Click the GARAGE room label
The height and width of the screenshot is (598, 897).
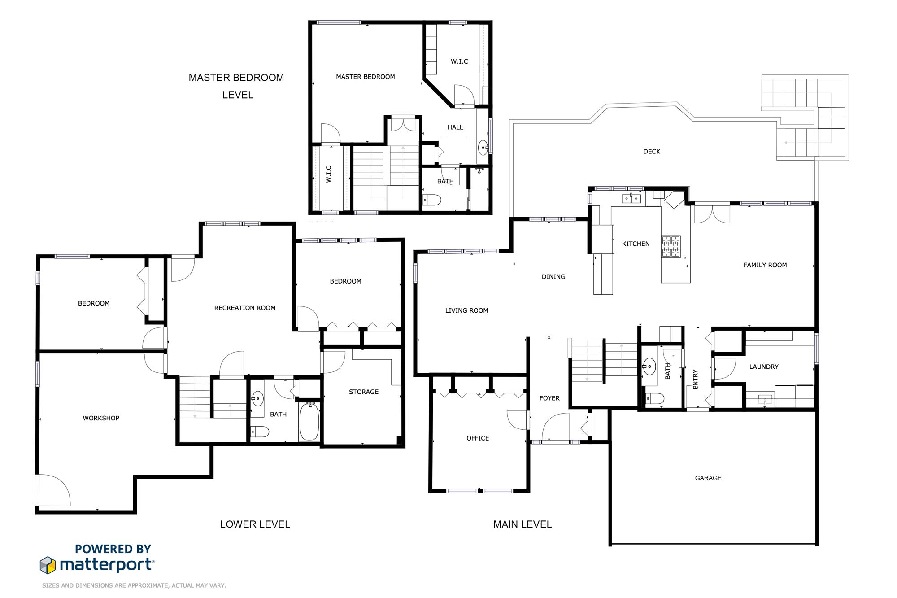[x=708, y=478]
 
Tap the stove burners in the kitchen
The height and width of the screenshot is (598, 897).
[x=671, y=246]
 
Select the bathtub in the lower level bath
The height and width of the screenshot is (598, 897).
[x=309, y=422]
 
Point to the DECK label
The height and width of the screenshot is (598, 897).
[x=652, y=152]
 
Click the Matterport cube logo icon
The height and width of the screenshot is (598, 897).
[x=48, y=565]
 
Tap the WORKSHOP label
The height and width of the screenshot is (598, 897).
[x=101, y=418]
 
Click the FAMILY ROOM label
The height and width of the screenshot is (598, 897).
[x=765, y=265]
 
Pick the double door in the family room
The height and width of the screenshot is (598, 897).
[x=712, y=214]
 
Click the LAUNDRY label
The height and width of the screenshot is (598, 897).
[x=764, y=367]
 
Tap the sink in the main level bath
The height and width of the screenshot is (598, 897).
[x=649, y=367]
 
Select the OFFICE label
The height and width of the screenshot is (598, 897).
[x=478, y=438]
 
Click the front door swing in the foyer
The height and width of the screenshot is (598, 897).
[x=556, y=427]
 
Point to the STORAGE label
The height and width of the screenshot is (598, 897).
[x=364, y=392]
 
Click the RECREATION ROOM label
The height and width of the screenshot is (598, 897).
[x=245, y=308]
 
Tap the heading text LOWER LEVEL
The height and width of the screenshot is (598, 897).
[x=255, y=524]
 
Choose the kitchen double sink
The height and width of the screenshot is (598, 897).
[x=631, y=198]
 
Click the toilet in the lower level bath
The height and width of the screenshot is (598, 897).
[x=260, y=432]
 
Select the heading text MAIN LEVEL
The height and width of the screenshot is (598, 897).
[x=523, y=524]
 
